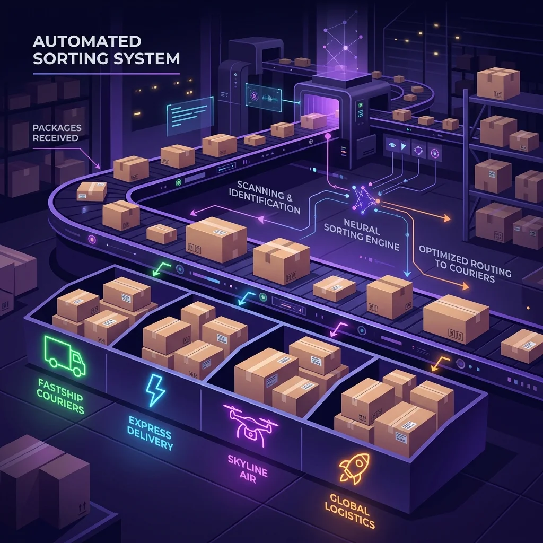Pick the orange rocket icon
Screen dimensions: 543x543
[x=354, y=468]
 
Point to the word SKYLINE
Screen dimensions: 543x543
[x=248, y=465]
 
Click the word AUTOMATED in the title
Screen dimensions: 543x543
[x=87, y=41]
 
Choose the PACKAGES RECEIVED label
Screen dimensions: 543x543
[x=57, y=133]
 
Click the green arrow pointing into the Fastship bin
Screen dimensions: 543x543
[x=161, y=269]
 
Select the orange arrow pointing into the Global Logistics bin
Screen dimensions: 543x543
[x=440, y=364]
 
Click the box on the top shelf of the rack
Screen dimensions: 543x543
[x=498, y=83]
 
